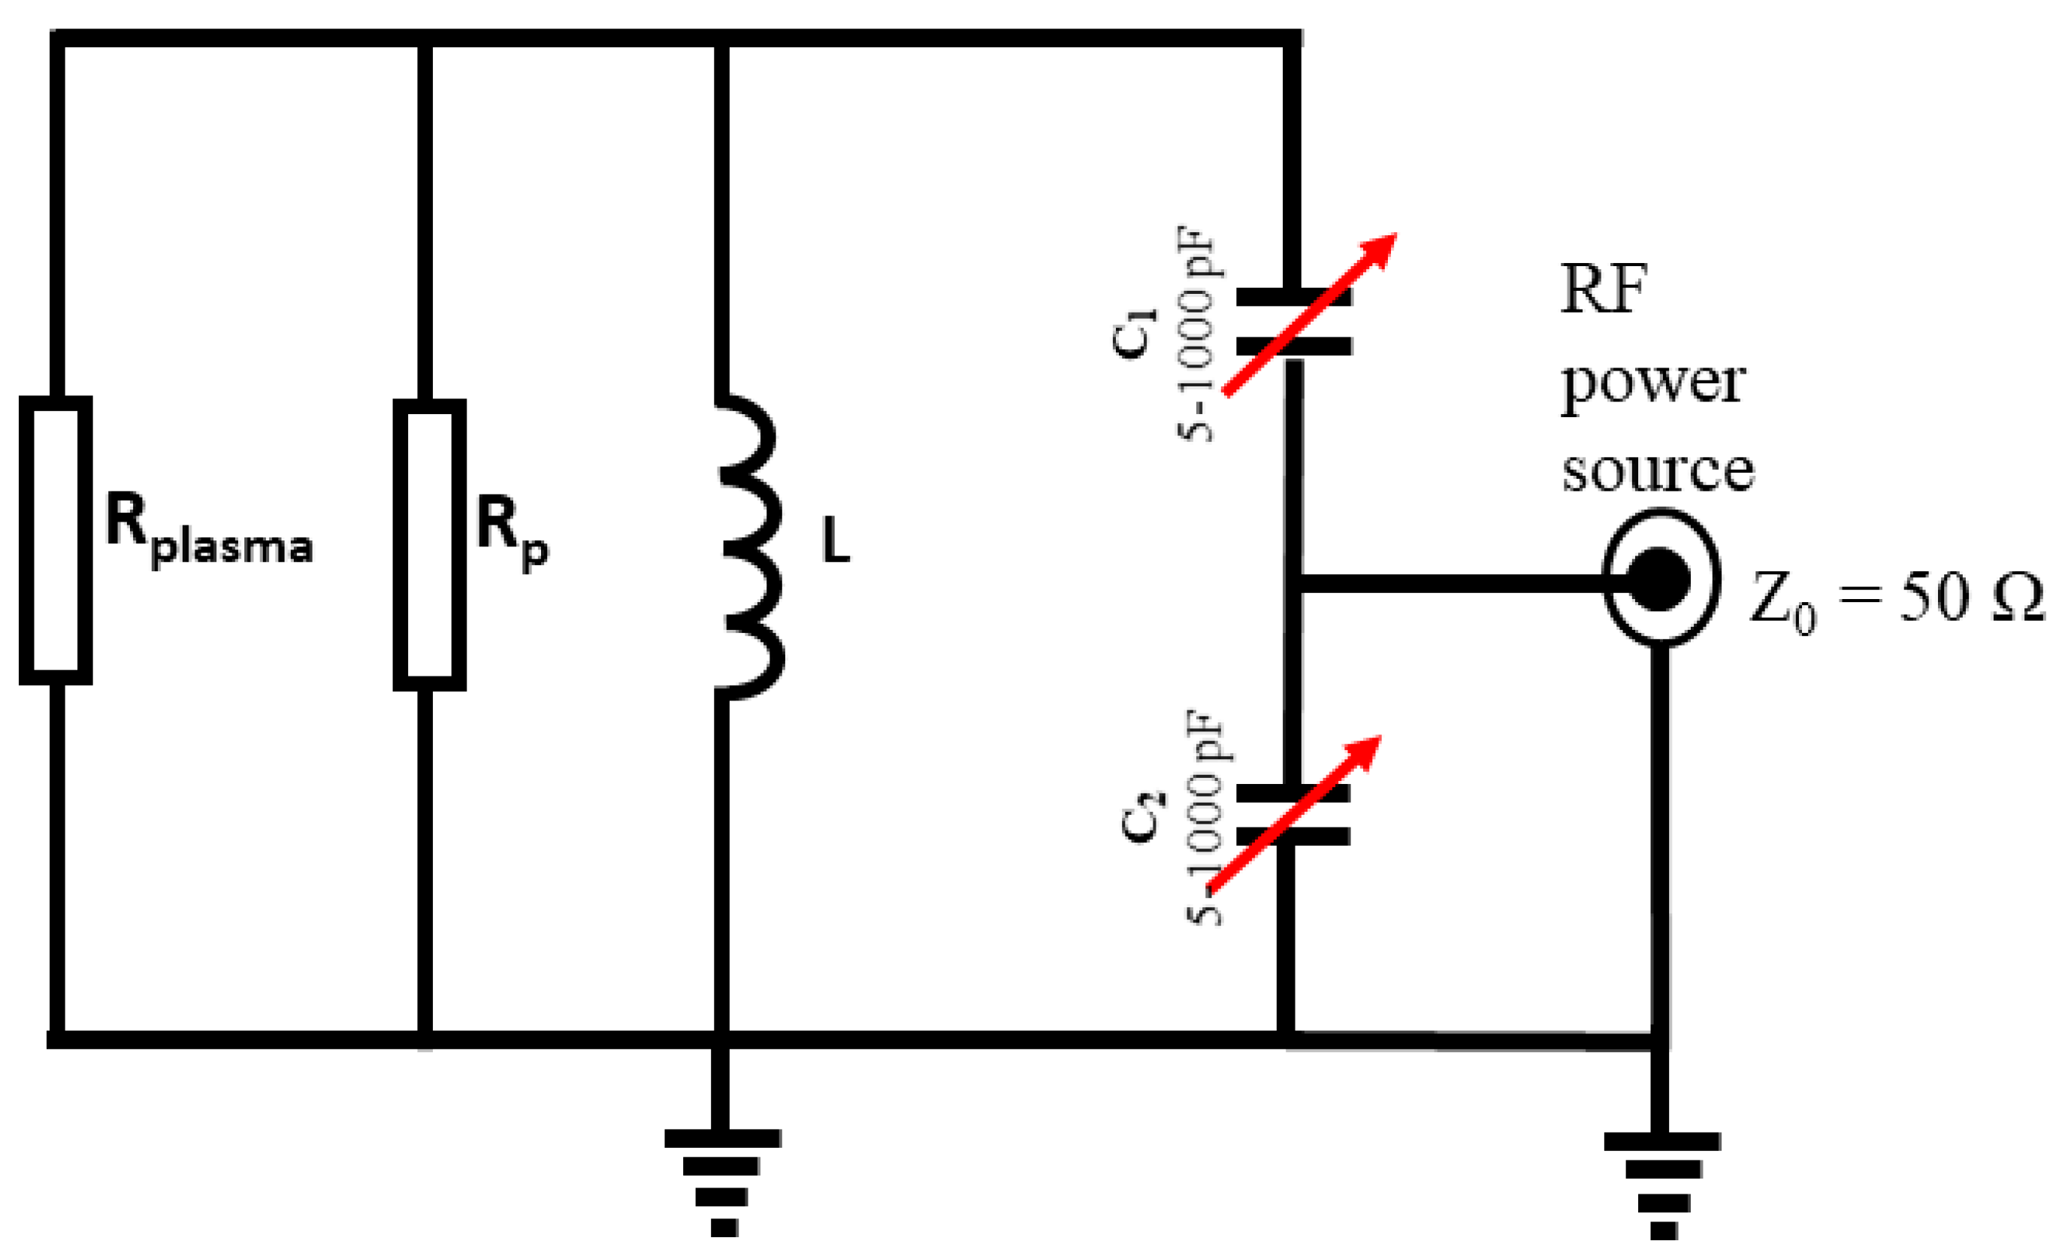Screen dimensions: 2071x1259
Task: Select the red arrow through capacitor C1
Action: (x=1310, y=313)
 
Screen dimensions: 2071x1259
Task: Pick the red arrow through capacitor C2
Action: (x=1294, y=813)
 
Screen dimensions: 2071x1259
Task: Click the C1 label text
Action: (x=1134, y=334)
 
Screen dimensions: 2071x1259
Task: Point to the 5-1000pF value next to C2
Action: (x=1205, y=817)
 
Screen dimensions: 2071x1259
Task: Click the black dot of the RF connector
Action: (x=1658, y=579)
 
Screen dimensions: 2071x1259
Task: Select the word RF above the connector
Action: (x=1604, y=289)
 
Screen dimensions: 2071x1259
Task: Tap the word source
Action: (x=1658, y=471)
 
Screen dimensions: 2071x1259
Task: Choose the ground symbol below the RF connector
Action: (x=1662, y=1186)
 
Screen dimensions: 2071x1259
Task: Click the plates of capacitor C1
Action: (x=1293, y=322)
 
